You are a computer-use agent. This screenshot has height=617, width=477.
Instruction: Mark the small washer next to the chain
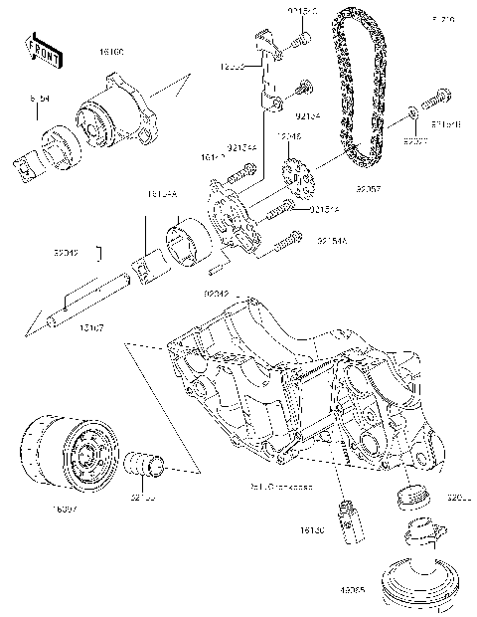click(410, 115)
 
